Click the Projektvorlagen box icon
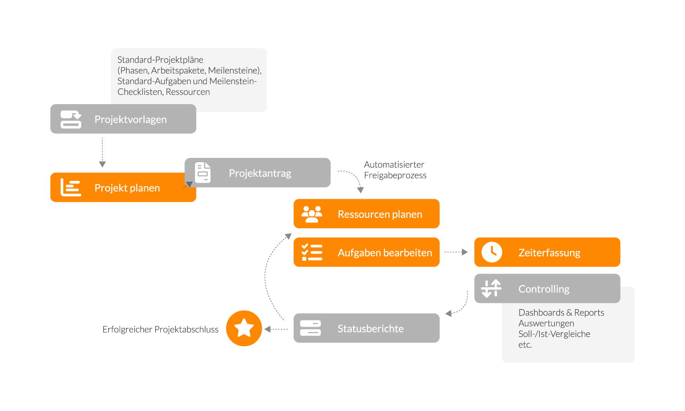(x=71, y=119)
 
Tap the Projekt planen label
(x=127, y=188)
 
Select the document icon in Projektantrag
(x=203, y=173)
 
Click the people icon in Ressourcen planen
(x=311, y=214)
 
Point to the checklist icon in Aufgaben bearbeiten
(x=311, y=252)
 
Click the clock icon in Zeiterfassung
(x=492, y=252)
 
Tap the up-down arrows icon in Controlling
(x=491, y=288)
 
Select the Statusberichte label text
(x=370, y=328)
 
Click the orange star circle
(x=244, y=328)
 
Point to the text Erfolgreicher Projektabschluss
(x=160, y=329)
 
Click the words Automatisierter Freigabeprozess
(x=395, y=170)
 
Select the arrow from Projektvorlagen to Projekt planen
(x=102, y=153)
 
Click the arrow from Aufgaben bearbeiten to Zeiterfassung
(x=456, y=252)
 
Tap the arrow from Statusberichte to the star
(x=276, y=329)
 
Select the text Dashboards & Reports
(x=561, y=312)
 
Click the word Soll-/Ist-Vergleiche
(x=554, y=334)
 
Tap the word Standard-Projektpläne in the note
(x=160, y=60)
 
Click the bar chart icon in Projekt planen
(x=71, y=187)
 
